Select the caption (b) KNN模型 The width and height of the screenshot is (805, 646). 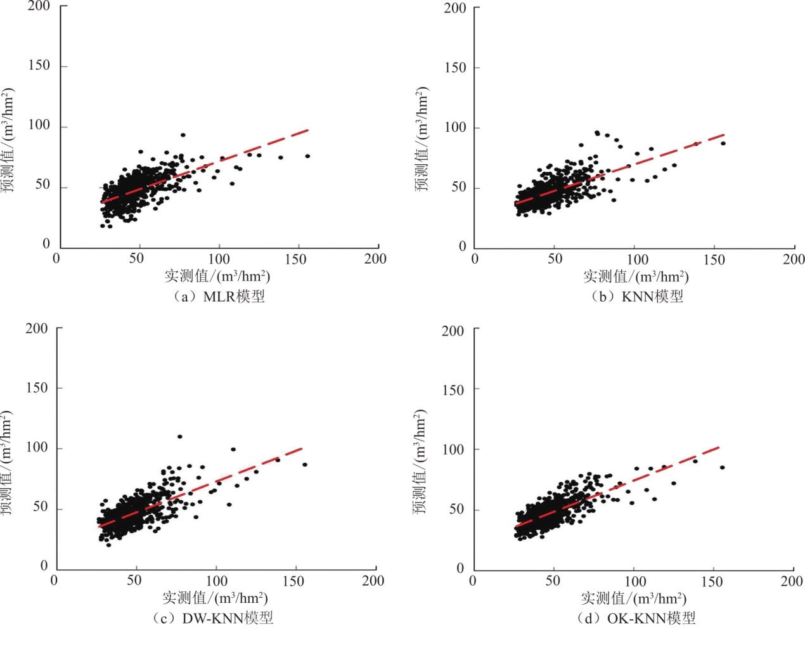[x=637, y=297]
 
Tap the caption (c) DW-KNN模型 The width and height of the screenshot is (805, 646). [x=213, y=618]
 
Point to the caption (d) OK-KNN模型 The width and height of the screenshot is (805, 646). [x=636, y=618]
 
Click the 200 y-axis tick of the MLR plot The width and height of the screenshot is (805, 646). [x=39, y=6]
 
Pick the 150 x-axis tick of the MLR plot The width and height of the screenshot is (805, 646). [x=295, y=259]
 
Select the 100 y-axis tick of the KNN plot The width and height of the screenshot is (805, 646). [x=455, y=127]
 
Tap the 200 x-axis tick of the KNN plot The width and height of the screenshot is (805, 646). [x=794, y=259]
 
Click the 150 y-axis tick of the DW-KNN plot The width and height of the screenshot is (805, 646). [x=37, y=388]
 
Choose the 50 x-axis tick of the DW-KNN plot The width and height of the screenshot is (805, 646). [x=134, y=581]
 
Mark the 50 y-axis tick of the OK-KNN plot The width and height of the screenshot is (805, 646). [x=456, y=509]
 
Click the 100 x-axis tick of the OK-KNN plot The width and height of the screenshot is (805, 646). [x=636, y=581]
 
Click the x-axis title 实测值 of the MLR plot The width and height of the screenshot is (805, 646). [x=217, y=276]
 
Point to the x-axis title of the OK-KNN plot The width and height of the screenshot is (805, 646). [x=634, y=598]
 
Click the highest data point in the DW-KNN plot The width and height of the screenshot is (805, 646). [x=180, y=437]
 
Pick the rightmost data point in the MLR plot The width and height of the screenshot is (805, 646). [x=307, y=156]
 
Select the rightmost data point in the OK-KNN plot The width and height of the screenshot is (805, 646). [x=722, y=468]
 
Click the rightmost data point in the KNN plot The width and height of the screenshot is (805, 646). [x=723, y=144]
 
